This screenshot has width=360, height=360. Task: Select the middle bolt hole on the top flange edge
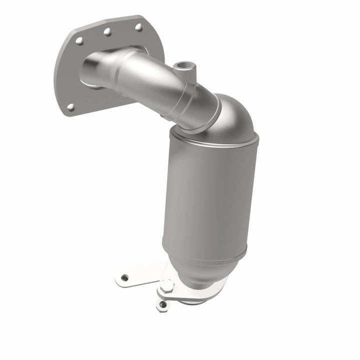[x=107, y=32]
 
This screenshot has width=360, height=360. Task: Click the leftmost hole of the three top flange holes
[x=79, y=41]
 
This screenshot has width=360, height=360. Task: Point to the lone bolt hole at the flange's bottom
[x=71, y=106]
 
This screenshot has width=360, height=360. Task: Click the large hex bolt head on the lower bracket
[x=166, y=286]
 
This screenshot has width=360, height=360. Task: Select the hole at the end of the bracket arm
[x=124, y=277]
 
